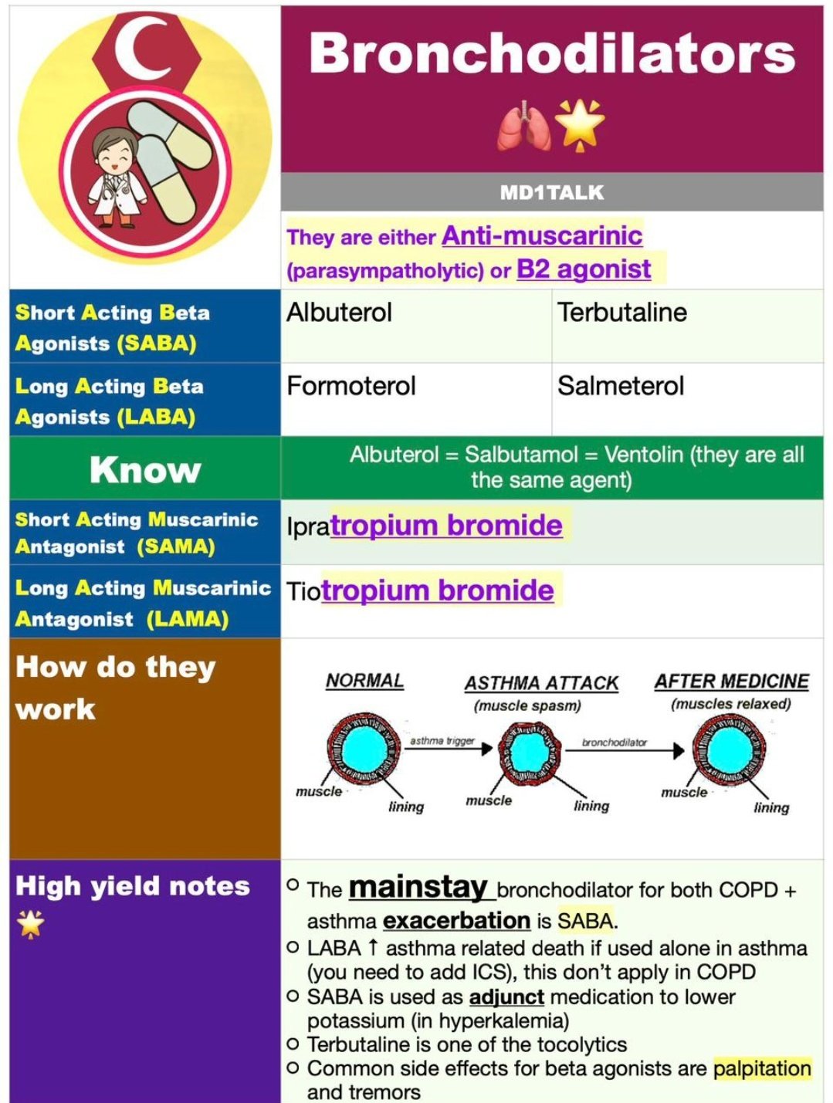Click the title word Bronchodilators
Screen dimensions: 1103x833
[552, 54]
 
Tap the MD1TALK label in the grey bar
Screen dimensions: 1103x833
[552, 193]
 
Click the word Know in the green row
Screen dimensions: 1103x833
[145, 469]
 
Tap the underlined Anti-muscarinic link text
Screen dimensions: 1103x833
[542, 235]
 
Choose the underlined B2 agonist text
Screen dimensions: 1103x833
[584, 269]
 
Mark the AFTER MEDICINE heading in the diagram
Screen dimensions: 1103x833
[731, 682]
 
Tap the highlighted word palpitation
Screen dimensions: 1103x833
[762, 1069]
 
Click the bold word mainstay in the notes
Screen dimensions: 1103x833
[418, 888]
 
